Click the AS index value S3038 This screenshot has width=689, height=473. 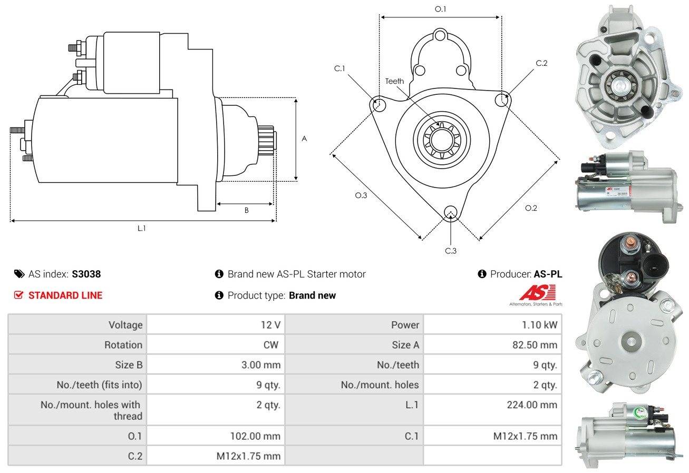(86, 274)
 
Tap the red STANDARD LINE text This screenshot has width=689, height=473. (65, 295)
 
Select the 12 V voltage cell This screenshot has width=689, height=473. (270, 325)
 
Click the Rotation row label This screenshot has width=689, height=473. (123, 345)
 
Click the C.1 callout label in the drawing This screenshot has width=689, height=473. (339, 68)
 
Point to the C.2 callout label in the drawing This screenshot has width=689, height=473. (541, 63)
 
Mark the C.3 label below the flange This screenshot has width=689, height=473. (451, 251)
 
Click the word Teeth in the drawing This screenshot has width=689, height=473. (394, 81)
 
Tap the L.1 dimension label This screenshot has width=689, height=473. (142, 228)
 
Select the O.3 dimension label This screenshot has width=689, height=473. (361, 195)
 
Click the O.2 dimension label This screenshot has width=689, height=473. (531, 208)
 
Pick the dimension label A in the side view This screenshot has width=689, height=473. (304, 139)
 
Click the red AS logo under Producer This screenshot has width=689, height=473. (538, 292)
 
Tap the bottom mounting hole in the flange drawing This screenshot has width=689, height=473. (450, 212)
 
